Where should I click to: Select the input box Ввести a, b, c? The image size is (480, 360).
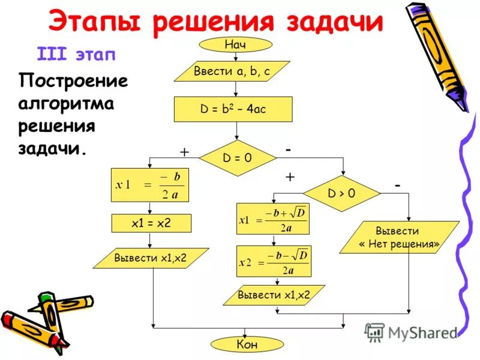[x=232, y=71]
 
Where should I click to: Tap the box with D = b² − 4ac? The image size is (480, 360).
[x=233, y=110]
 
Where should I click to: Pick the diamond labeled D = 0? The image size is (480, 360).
[x=238, y=158]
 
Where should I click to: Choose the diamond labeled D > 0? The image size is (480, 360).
[x=341, y=194]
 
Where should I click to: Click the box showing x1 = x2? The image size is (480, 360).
[x=151, y=223]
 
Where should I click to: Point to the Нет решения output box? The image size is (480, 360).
[x=399, y=238]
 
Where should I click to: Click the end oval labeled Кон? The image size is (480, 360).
[x=238, y=344]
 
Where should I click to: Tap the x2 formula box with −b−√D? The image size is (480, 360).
[x=274, y=262]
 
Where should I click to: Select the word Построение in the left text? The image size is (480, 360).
[x=74, y=80]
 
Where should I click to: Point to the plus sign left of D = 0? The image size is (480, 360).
[x=184, y=153]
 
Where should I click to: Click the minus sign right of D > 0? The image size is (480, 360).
[x=397, y=187]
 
